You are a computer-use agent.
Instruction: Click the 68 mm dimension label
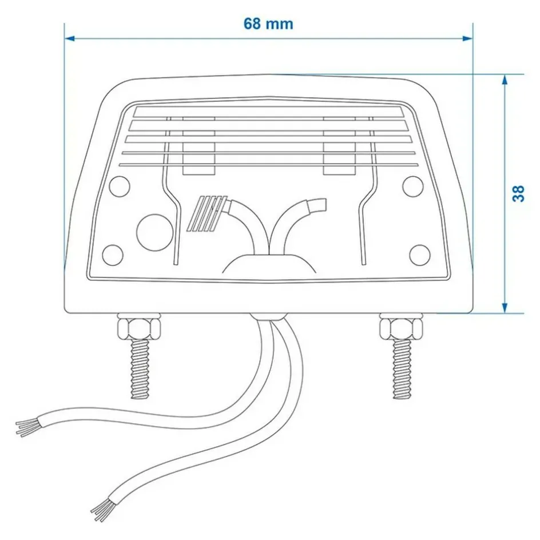coord(268,24)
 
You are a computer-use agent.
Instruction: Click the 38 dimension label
coord(518,193)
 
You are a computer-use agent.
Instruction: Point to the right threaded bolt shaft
coord(402,369)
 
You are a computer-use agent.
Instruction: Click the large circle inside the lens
coord(154,232)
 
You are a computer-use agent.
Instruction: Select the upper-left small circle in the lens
coord(120,186)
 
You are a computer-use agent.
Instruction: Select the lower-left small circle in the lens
coord(113,255)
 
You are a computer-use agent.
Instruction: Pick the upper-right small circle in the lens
coord(413,186)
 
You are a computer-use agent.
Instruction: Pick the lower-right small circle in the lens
coord(420,255)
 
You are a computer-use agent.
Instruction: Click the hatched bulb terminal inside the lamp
coord(207,213)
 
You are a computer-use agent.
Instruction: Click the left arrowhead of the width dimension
coord(70,38)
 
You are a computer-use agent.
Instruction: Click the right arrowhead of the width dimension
coord(467,38)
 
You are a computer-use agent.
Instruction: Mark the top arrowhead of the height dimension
coord(505,80)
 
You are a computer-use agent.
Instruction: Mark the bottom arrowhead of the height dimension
coord(505,308)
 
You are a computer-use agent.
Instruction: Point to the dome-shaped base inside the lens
coord(269,264)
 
